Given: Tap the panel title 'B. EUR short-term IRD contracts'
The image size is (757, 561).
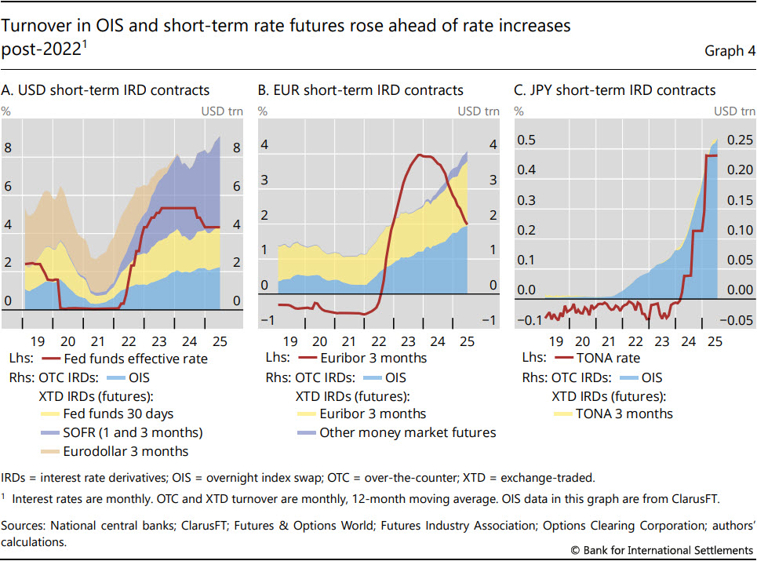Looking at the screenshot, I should click(x=361, y=90).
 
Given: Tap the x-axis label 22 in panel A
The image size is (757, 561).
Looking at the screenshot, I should click(x=130, y=341).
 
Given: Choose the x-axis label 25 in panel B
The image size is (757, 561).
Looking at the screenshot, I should click(x=465, y=341).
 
